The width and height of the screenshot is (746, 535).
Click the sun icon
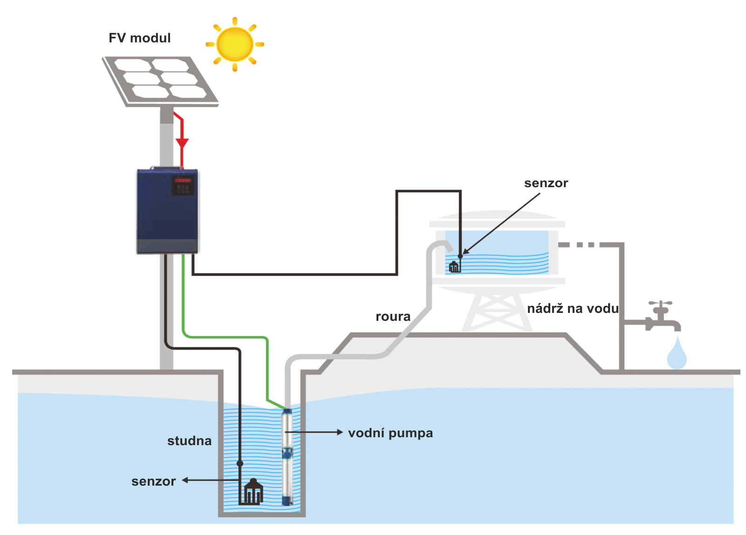(235, 44)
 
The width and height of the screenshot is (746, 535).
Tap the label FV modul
(139, 38)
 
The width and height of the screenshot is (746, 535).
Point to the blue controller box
(167, 211)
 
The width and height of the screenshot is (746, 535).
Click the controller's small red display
(183, 180)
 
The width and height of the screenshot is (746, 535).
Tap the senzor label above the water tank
(546, 183)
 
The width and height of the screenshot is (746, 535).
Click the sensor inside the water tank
(454, 267)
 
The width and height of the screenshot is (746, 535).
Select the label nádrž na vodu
(573, 308)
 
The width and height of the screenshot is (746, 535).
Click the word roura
(393, 317)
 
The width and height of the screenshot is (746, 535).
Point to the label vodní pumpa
(390, 433)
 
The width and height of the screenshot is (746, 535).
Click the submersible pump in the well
(287, 456)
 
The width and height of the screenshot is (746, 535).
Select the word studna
(189, 441)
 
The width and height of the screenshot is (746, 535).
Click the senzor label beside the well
(153, 481)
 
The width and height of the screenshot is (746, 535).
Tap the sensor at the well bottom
(253, 492)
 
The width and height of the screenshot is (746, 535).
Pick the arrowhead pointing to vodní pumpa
(340, 432)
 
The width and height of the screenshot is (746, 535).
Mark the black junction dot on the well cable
(240, 463)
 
